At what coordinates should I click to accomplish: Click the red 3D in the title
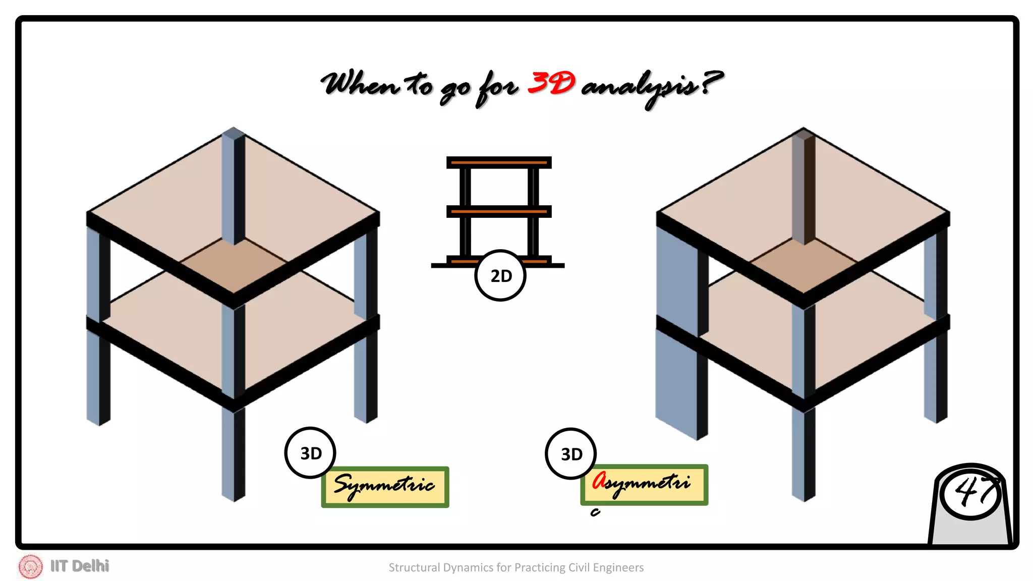[x=551, y=83]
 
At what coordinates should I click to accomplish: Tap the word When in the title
[x=359, y=84]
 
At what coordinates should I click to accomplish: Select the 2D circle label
[x=500, y=276]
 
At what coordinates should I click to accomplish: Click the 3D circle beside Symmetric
[x=310, y=453]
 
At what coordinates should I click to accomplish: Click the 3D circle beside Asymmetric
[x=571, y=454]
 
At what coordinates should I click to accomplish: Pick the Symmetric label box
[x=385, y=487]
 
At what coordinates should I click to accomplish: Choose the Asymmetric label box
[x=644, y=485]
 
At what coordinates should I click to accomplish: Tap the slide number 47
[x=970, y=492]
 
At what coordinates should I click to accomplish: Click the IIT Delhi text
[x=80, y=566]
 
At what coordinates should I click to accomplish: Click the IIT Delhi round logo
[x=31, y=566]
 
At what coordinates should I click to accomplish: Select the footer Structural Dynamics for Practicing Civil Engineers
[x=516, y=567]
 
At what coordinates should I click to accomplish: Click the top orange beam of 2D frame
[x=499, y=162]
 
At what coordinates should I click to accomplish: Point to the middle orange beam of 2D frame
[x=499, y=211]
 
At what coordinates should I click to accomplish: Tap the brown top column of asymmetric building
[x=803, y=187]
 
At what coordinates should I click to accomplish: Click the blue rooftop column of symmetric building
[x=233, y=187]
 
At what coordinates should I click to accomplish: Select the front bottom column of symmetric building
[x=233, y=454]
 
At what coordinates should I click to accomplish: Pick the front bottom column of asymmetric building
[x=803, y=454]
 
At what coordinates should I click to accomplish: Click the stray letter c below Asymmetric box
[x=595, y=513]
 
